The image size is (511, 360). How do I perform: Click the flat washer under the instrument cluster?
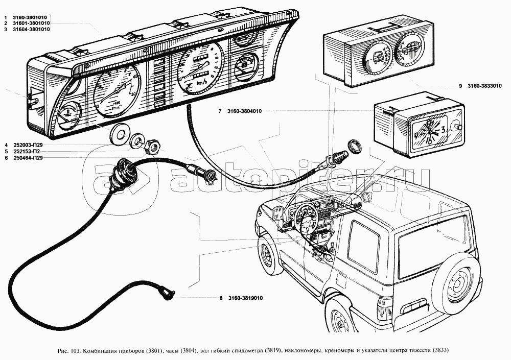(120, 133)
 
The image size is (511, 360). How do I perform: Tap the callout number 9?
(460, 86)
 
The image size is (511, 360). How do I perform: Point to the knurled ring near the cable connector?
(353, 146)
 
